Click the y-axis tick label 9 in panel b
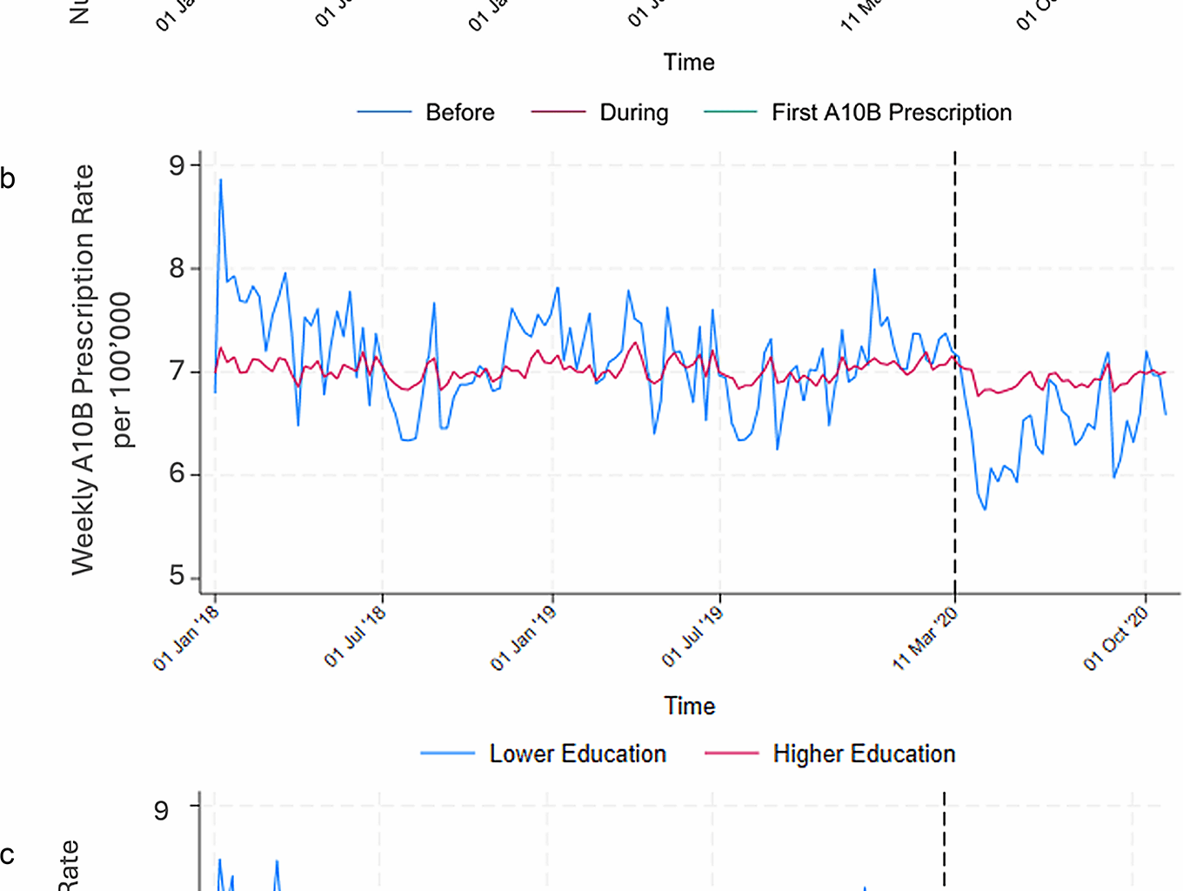coord(177,165)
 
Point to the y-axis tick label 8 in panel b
coord(177,268)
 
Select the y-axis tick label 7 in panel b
coord(177,372)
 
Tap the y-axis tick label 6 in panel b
coord(177,474)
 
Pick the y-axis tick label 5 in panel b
coord(177,577)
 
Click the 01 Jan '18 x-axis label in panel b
coord(186,640)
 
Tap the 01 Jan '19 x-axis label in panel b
coord(523,640)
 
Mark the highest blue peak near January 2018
coord(221,180)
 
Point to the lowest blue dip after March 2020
coord(985,509)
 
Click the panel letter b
coord(8,179)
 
